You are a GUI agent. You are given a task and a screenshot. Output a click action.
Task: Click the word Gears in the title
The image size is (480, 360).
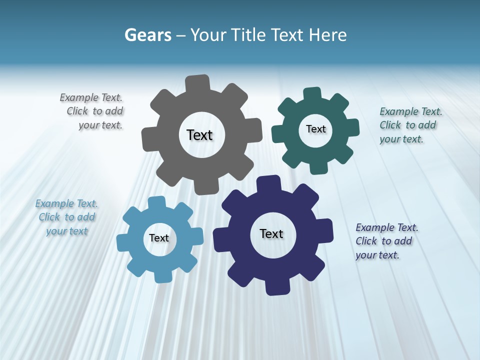click(148, 35)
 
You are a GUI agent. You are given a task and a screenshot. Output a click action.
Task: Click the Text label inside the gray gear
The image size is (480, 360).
click(200, 135)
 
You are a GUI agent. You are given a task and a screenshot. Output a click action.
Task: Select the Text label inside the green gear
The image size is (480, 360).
click(315, 129)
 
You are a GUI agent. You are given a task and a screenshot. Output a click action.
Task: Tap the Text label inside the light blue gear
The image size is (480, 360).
click(159, 238)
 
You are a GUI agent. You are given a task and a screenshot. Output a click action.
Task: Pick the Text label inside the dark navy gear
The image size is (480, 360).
click(271, 233)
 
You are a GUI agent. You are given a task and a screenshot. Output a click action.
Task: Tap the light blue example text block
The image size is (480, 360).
click(67, 217)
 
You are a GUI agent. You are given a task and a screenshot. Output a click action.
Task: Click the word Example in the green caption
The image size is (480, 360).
click(398, 111)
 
